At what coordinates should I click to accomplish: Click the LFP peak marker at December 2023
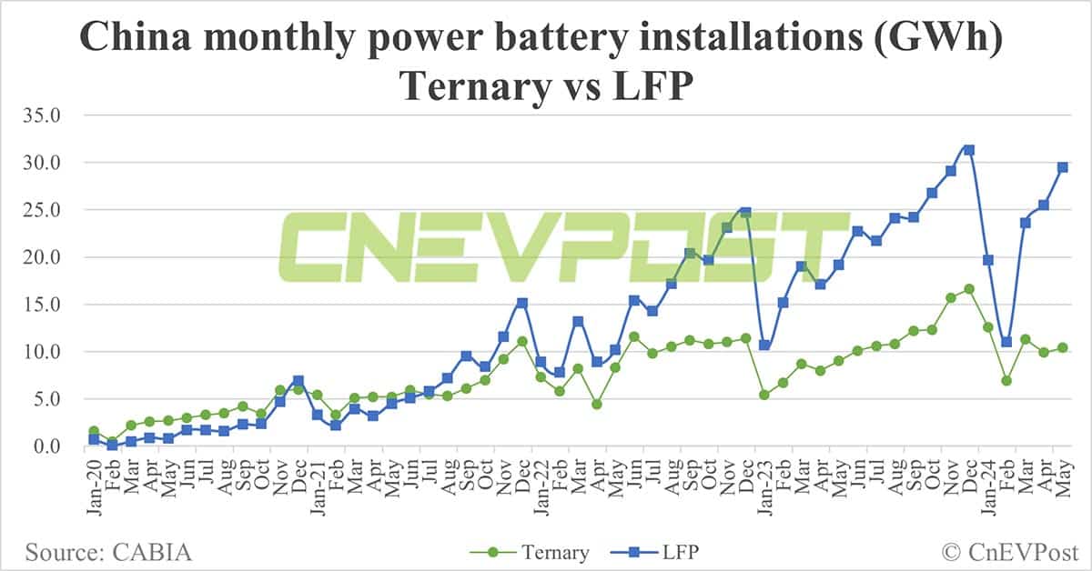pyautogui.click(x=969, y=150)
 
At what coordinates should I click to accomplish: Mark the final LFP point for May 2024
pyautogui.click(x=1062, y=167)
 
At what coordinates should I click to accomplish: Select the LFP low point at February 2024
pyautogui.click(x=1006, y=342)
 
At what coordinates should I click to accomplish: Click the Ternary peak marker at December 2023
pyautogui.click(x=969, y=289)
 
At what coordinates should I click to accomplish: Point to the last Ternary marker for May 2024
pyautogui.click(x=1062, y=347)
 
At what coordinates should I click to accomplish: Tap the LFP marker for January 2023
pyautogui.click(x=764, y=346)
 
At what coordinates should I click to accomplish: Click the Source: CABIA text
pyautogui.click(x=108, y=552)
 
